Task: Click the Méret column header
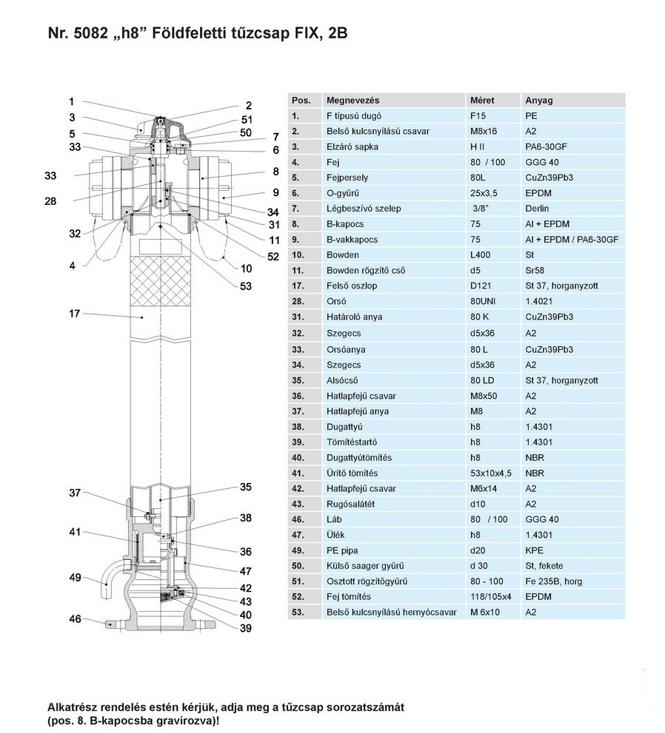tap(482, 101)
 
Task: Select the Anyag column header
tap(538, 101)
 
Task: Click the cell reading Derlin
tap(538, 209)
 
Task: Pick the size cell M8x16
tap(485, 132)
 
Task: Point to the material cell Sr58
tap(535, 271)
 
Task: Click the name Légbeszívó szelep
tap(364, 209)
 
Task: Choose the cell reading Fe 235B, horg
tap(553, 581)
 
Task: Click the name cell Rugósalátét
tap(352, 504)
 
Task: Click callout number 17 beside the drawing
tap(74, 314)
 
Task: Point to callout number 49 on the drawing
tap(74, 577)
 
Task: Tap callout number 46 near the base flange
tap(74, 618)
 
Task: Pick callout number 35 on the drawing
tap(245, 487)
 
